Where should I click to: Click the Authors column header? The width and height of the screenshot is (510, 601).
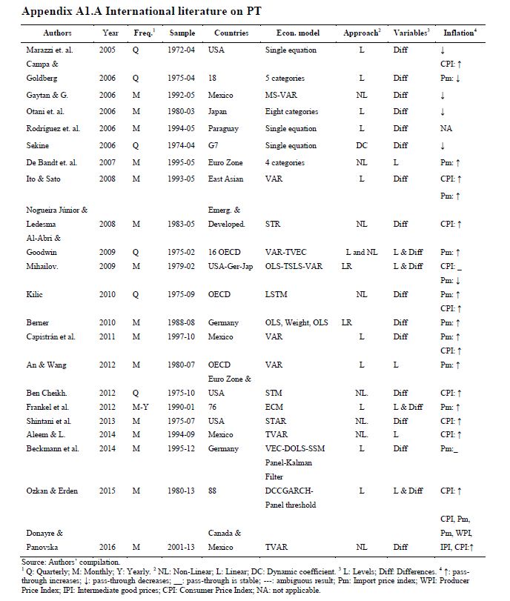point(57,33)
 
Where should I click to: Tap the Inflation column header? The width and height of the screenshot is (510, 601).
point(460,33)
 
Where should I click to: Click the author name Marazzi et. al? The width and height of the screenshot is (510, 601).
point(49,50)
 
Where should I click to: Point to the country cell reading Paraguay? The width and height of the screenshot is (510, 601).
point(228,128)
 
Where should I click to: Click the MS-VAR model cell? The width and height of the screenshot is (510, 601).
point(281,95)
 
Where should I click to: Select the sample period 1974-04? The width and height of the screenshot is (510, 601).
point(182,146)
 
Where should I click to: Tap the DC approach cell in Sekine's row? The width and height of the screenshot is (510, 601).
point(361,146)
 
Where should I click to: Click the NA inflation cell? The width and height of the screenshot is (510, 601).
point(446,128)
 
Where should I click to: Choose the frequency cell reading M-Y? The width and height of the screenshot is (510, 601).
point(145,407)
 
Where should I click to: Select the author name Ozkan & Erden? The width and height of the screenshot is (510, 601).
point(50,491)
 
